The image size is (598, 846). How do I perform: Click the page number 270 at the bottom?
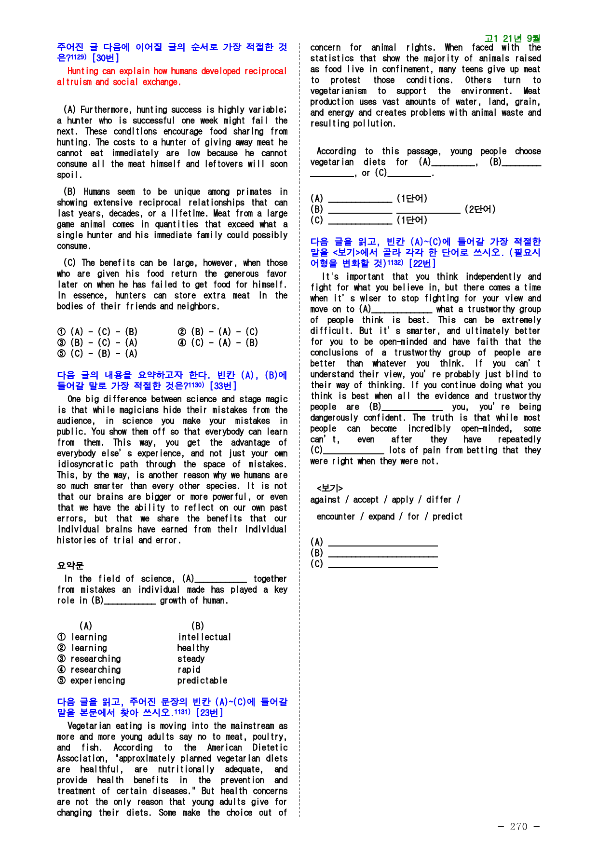click(518, 826)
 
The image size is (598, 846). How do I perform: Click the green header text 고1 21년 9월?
click(512, 38)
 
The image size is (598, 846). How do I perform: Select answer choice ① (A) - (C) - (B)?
click(97, 332)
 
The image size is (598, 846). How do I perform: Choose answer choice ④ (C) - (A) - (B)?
click(218, 342)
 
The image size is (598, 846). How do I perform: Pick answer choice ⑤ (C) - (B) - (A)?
click(97, 354)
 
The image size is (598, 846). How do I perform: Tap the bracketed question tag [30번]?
click(106, 58)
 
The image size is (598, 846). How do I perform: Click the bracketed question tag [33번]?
click(223, 386)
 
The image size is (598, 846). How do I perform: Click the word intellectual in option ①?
click(204, 637)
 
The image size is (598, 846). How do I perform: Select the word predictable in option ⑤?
click(202, 681)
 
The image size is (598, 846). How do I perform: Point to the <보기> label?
click(330, 488)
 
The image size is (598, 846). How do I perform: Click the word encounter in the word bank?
click(336, 517)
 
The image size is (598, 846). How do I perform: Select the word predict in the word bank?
click(448, 517)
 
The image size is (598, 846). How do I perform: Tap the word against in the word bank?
click(325, 500)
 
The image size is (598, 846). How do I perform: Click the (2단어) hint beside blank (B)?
click(480, 209)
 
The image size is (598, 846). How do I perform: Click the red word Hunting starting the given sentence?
click(84, 71)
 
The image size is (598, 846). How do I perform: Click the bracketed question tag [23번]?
click(209, 713)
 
